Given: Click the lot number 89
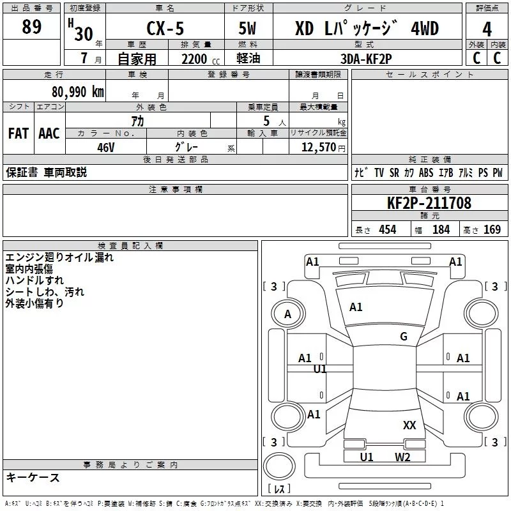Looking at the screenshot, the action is click(31, 27).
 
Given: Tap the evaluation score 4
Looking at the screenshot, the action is click(487, 29).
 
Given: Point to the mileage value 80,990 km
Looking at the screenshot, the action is click(77, 91).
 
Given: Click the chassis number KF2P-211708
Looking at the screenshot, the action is click(429, 203).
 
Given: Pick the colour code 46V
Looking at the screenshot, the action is click(106, 147).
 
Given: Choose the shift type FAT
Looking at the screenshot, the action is click(19, 133).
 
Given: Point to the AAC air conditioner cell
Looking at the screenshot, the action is click(49, 133).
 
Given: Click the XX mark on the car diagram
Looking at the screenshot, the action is click(409, 425).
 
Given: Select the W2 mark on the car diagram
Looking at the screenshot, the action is click(402, 457).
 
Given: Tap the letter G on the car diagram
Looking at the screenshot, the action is click(403, 337).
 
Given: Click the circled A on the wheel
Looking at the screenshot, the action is click(287, 314).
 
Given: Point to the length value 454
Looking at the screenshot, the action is click(387, 230).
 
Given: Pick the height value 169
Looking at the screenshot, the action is click(492, 230).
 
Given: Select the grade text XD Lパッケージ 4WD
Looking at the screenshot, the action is click(367, 29).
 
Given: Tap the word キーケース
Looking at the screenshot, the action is click(33, 477).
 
